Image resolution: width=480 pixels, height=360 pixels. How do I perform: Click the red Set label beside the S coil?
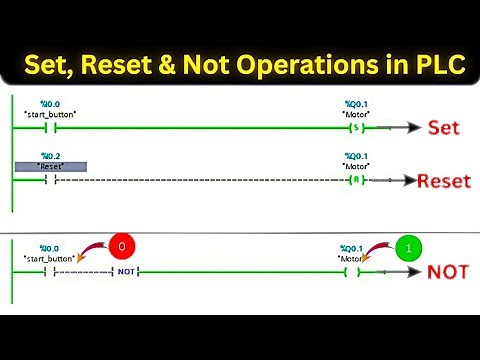pos(443,128)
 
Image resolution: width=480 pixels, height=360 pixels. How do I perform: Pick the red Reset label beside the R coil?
pos(443,181)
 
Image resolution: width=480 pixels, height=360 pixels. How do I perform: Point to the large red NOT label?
pos(448,271)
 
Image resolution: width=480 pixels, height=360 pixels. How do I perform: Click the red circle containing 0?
pos(121,246)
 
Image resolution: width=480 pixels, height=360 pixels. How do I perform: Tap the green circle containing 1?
pos(408,246)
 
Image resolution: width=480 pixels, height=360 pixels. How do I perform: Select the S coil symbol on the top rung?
pos(352,128)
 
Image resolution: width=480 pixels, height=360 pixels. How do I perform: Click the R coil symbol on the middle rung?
pos(352,180)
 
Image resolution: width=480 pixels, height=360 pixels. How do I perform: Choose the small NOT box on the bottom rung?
pos(125,271)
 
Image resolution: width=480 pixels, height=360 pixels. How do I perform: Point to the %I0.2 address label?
pos(50,156)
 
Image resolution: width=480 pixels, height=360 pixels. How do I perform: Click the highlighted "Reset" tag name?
pos(51,166)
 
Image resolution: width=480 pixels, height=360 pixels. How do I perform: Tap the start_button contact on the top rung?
pos(51,128)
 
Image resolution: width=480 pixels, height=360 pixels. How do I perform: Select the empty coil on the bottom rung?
pos(352,271)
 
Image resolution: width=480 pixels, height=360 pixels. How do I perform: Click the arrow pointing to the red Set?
pos(400,128)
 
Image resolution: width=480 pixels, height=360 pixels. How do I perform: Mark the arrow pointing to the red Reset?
pos(394,181)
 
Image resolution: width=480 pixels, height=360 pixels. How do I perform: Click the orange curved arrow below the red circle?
pos(94,254)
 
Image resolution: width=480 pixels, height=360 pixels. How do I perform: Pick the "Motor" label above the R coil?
pos(352,166)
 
